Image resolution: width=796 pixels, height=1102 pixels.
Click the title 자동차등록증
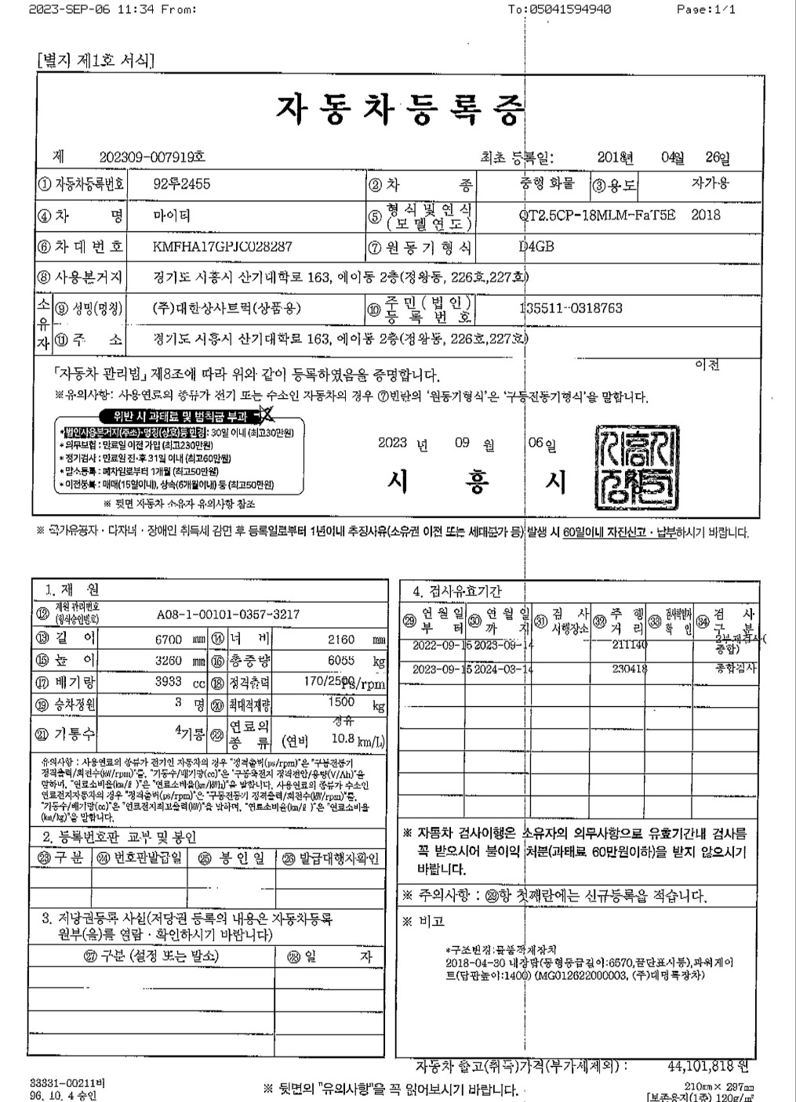click(x=398, y=110)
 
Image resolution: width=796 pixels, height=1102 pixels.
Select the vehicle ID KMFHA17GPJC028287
click(x=223, y=246)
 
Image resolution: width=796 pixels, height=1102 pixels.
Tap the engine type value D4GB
click(x=537, y=247)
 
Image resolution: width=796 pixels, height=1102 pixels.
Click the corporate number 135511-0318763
click(x=571, y=308)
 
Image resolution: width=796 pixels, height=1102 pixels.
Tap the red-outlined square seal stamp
click(x=633, y=467)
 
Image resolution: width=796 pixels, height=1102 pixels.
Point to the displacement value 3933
click(x=169, y=682)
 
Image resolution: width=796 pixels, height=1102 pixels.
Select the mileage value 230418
click(x=630, y=669)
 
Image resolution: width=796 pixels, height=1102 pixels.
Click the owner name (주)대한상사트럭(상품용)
click(x=227, y=308)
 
